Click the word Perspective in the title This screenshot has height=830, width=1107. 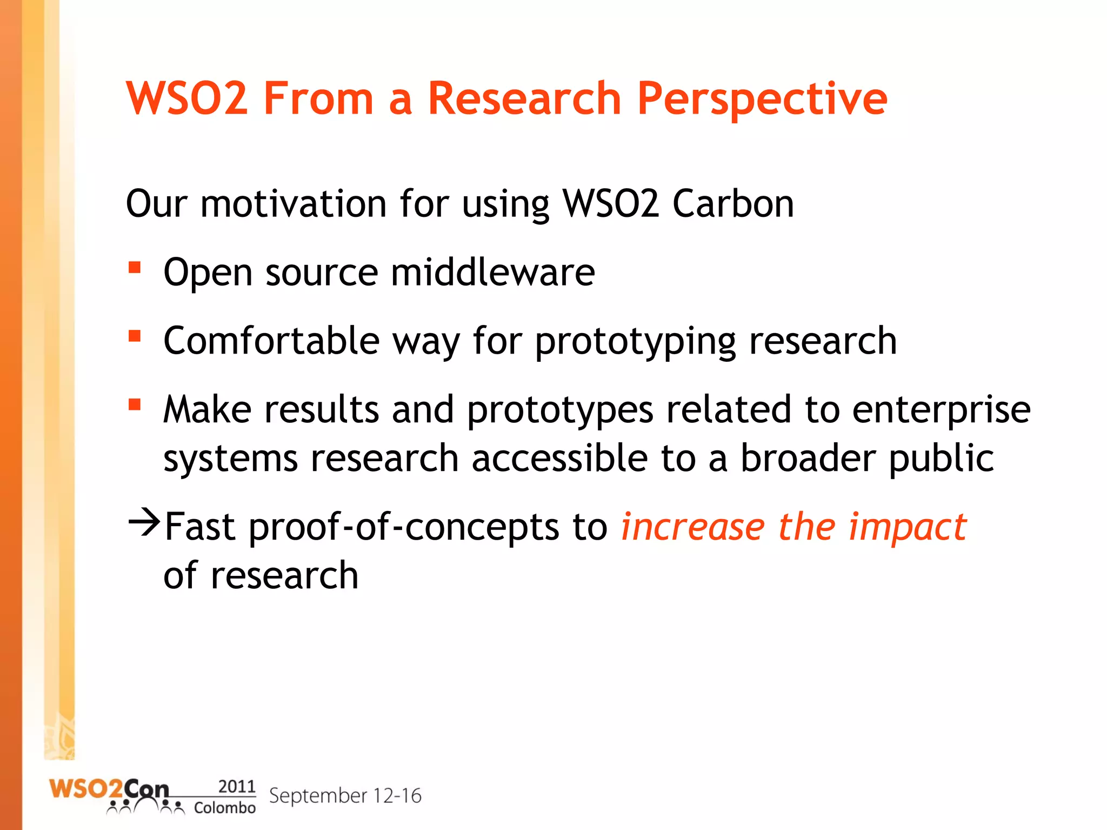pos(762,99)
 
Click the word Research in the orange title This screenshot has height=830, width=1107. pos(524,99)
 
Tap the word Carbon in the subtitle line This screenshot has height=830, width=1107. pos(733,204)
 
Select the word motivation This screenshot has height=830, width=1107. pos(294,204)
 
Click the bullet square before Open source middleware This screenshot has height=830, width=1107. pos(135,268)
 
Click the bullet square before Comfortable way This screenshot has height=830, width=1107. pos(135,336)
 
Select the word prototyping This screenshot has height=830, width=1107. pos(635,342)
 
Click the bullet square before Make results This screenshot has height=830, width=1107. pos(135,404)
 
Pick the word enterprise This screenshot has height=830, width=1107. pos(941,410)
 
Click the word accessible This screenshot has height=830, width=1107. pos(559,459)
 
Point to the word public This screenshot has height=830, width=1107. pos(941,459)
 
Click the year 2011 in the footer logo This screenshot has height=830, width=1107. pos(237,786)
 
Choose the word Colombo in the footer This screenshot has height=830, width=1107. pos(225,808)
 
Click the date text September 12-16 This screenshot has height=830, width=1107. pos(345,796)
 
